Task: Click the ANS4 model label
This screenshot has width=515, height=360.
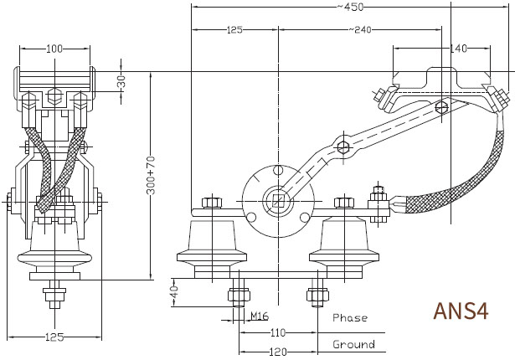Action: point(461,311)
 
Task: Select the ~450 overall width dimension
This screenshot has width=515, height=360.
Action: point(350,7)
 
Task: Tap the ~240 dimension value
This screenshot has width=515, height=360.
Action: point(359,30)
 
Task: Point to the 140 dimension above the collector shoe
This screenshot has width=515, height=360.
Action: point(458,49)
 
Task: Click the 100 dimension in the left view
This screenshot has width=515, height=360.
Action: point(54,49)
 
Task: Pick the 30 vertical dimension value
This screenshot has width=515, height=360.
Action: point(121,81)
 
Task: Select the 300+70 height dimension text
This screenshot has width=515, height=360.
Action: point(151,176)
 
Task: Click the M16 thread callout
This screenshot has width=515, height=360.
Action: point(260,316)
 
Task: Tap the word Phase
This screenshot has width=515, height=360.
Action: point(350,317)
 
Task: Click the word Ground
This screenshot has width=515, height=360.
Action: point(353,344)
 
